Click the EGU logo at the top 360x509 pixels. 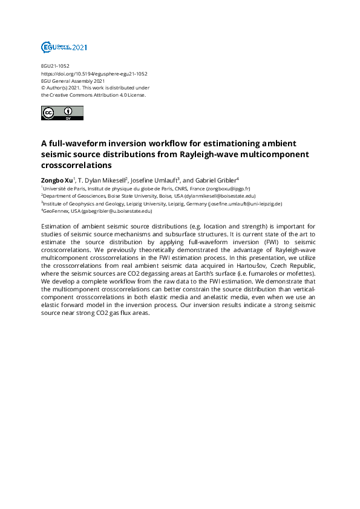tap(64, 47)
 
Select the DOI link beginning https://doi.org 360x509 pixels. tap(94, 73)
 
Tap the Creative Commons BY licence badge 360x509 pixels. tap(62, 112)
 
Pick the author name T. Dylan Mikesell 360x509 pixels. tap(100, 180)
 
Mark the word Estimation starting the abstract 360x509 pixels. tap(60, 225)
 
